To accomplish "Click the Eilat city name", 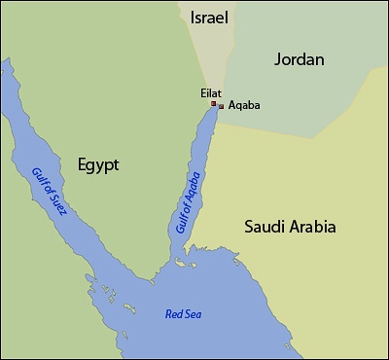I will pyautogui.click(x=211, y=92).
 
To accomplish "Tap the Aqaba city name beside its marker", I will pyautogui.click(x=243, y=105).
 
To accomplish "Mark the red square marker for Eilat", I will pyautogui.click(x=214, y=103).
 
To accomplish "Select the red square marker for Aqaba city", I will pyautogui.click(x=221, y=106).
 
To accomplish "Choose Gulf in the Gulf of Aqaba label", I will pyautogui.click(x=181, y=222).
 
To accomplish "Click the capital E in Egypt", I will pyautogui.click(x=80, y=164).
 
